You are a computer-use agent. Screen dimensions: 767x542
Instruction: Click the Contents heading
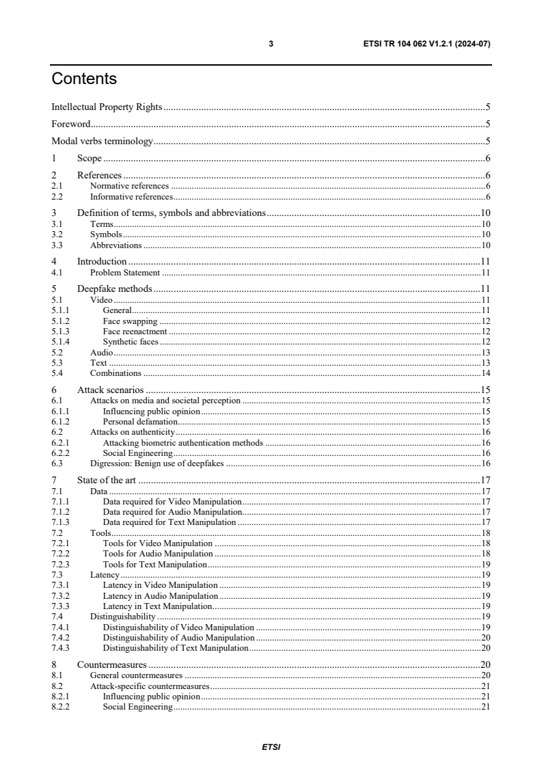click(x=84, y=79)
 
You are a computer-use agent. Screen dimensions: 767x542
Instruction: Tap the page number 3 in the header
click(x=271, y=44)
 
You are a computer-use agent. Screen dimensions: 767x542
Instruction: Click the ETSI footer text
click(x=271, y=747)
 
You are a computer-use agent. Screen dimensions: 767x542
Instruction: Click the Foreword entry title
click(x=71, y=124)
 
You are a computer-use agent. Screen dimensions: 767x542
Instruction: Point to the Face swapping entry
click(x=130, y=321)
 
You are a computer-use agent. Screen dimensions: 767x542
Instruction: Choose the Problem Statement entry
click(x=125, y=272)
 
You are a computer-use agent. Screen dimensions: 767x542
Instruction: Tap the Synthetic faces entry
click(x=131, y=341)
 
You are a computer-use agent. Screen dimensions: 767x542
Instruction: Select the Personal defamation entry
click(x=135, y=422)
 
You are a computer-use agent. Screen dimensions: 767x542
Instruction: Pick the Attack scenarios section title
click(x=110, y=390)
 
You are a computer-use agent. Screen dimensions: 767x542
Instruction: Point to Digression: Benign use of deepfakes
click(x=158, y=463)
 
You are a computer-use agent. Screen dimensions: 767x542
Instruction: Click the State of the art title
click(x=107, y=480)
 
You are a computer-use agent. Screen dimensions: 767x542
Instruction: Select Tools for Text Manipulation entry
click(x=154, y=564)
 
